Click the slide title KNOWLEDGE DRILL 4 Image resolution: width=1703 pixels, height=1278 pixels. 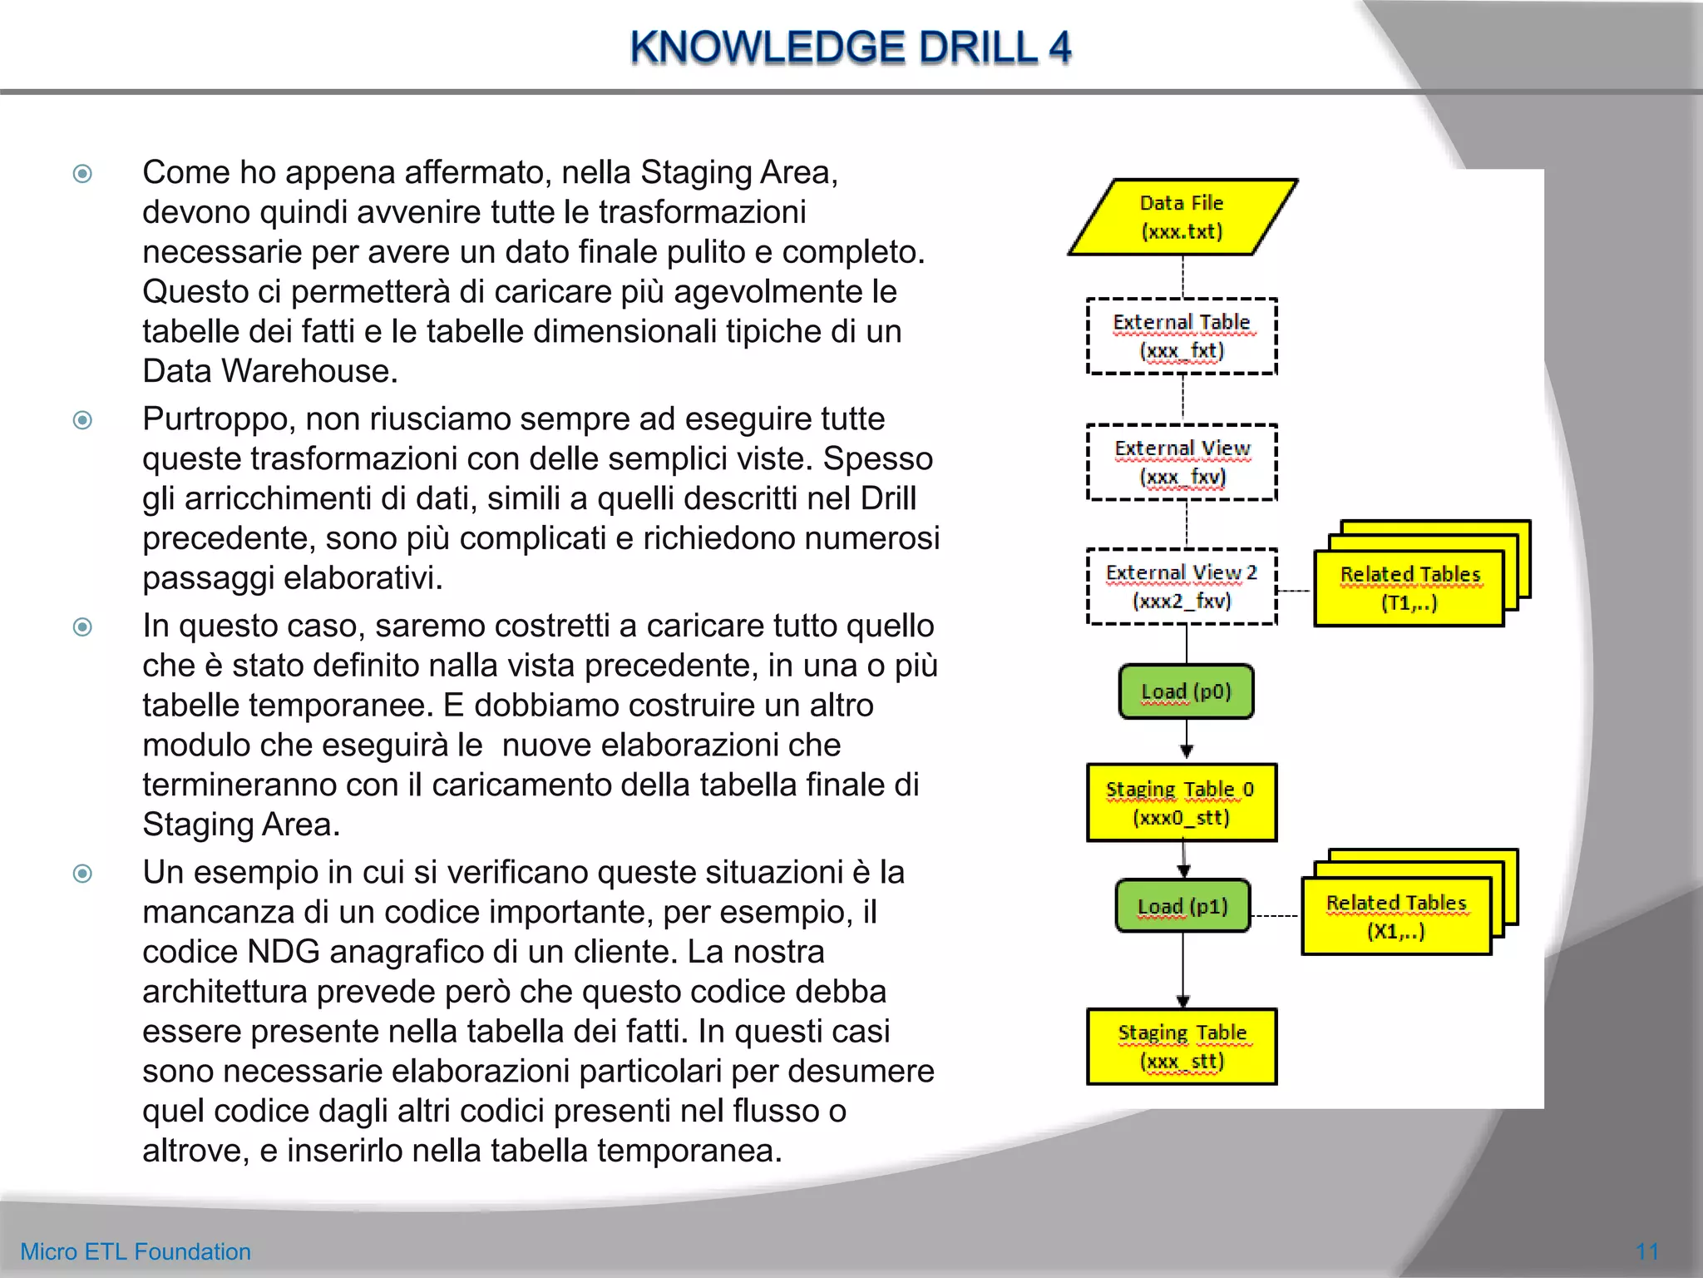(x=850, y=47)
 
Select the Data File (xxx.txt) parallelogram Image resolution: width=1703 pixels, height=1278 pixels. (x=1182, y=217)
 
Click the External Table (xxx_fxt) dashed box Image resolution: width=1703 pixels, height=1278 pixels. (x=1182, y=336)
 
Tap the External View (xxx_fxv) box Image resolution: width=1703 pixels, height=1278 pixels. (x=1182, y=463)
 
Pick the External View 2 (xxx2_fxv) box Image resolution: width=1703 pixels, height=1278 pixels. (x=1182, y=587)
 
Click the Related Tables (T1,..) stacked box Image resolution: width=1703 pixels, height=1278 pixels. (x=1409, y=588)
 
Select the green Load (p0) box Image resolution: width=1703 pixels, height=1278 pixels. (x=1186, y=691)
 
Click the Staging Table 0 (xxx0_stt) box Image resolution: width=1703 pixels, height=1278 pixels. (x=1182, y=803)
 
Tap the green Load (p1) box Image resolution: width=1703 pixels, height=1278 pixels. (x=1182, y=906)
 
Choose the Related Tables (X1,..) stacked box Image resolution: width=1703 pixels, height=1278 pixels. (x=1396, y=917)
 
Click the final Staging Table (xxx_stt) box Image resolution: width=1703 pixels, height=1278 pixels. (x=1182, y=1047)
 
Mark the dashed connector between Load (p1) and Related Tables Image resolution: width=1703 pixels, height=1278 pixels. (x=1276, y=915)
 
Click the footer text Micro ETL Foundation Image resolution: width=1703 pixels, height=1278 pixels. (x=136, y=1251)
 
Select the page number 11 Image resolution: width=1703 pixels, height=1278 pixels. (x=1646, y=1251)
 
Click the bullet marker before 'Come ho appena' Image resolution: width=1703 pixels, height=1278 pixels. (x=82, y=174)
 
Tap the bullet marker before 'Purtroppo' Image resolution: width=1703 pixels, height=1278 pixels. (x=82, y=420)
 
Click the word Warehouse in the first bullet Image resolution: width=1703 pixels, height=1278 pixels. (x=309, y=371)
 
